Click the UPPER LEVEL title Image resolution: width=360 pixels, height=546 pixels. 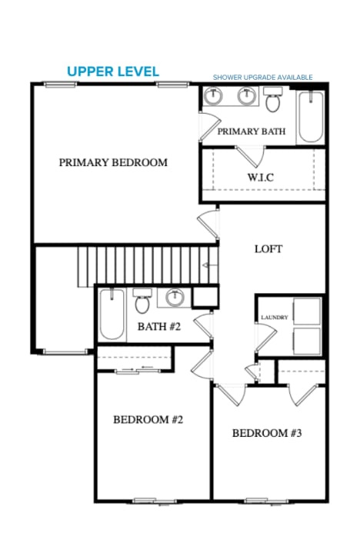pyautogui.click(x=113, y=72)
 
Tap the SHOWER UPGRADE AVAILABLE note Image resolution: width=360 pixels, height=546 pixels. pyautogui.click(x=262, y=78)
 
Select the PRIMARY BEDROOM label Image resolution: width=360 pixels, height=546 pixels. pyautogui.click(x=113, y=162)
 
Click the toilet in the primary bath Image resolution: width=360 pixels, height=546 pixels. pyautogui.click(x=273, y=99)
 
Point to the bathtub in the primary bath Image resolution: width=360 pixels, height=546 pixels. pyautogui.click(x=311, y=117)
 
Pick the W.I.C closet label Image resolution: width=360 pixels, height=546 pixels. pyautogui.click(x=261, y=177)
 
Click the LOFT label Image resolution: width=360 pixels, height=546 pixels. pyautogui.click(x=268, y=249)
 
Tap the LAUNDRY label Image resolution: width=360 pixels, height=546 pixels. pyautogui.click(x=275, y=318)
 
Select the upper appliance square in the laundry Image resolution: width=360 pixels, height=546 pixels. pyautogui.click(x=307, y=311)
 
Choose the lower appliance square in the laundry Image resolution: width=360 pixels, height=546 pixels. pyautogui.click(x=307, y=341)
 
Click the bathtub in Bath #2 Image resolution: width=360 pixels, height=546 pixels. pyautogui.click(x=112, y=314)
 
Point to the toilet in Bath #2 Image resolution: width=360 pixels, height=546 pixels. pyautogui.click(x=142, y=301)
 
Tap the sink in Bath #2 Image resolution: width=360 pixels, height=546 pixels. pyautogui.click(x=175, y=297)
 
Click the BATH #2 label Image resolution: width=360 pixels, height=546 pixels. pyautogui.click(x=159, y=327)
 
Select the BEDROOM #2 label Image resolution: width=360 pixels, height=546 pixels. pyautogui.click(x=148, y=420)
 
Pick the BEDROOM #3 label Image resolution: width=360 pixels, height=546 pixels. pyautogui.click(x=267, y=433)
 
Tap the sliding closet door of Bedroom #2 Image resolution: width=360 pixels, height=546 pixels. pyautogui.click(x=138, y=371)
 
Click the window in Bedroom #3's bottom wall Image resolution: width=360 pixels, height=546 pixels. pyautogui.click(x=267, y=501)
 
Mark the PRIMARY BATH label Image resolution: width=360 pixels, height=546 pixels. pyautogui.click(x=252, y=132)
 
